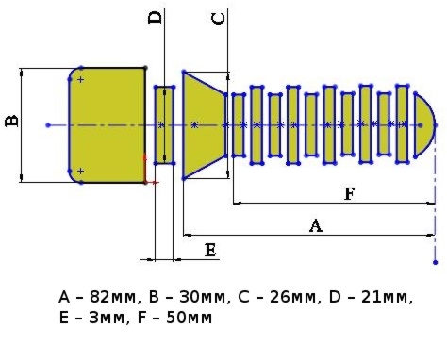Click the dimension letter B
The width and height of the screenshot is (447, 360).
12,121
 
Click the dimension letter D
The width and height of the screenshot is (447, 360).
155,18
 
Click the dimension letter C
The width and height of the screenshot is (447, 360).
219,19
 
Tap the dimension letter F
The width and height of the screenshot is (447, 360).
350,193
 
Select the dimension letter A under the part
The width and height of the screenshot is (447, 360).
316,225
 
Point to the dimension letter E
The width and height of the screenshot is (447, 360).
210,251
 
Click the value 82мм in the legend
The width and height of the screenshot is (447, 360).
113,297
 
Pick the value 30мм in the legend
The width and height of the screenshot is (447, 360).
203,297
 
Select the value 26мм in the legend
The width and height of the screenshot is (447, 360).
293,297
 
